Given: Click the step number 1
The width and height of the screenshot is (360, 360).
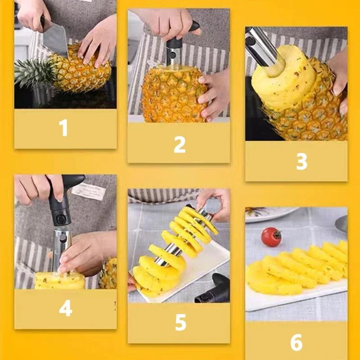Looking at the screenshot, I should point(64,128).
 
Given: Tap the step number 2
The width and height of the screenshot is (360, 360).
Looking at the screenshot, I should point(180,144).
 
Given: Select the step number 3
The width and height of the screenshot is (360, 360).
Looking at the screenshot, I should point(301,162).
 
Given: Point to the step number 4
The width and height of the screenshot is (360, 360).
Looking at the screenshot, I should point(65,309).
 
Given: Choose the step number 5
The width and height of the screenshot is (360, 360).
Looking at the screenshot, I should point(180,323).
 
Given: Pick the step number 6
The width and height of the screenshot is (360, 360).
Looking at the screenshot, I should point(296,342).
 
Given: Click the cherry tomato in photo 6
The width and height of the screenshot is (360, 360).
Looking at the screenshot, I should point(271,237).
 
